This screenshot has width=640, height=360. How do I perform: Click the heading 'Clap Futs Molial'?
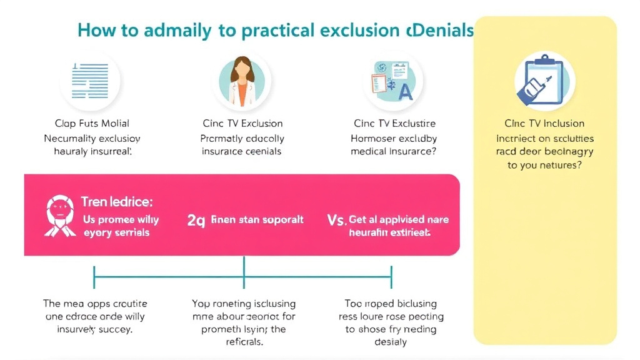point(92,123)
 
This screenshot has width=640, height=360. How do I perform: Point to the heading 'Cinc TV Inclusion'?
point(544,123)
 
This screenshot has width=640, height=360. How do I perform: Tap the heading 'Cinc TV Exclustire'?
point(394,123)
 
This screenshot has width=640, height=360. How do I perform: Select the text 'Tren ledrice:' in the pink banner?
point(117,202)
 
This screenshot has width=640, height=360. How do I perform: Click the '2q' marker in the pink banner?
point(196,220)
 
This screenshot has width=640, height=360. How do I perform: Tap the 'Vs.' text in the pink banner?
point(337,220)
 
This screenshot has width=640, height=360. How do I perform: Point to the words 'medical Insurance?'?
point(393,151)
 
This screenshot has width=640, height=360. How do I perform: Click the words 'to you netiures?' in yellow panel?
point(544,166)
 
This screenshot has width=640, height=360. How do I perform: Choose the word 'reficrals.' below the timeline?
point(243,342)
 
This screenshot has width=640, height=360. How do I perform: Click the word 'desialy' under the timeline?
point(391,342)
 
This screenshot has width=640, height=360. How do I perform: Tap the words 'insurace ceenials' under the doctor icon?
point(241,151)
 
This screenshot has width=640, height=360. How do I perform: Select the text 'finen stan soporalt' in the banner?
point(257,220)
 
